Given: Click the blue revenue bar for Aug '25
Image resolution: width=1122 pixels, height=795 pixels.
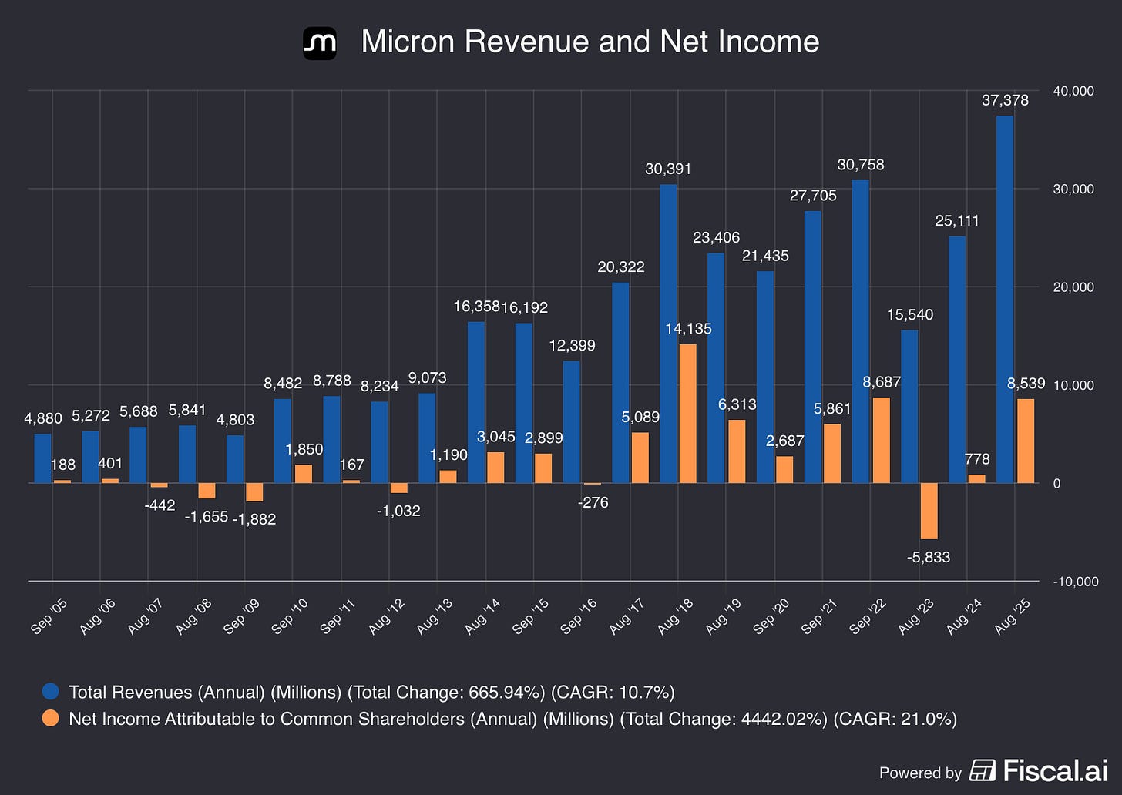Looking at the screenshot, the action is pos(1005,300).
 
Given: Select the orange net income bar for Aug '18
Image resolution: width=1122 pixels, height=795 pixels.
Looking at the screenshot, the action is pos(687,414).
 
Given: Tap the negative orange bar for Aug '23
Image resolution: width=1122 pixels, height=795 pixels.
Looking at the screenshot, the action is pos(929,512).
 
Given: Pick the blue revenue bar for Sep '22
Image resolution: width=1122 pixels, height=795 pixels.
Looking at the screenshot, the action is pos(861,331).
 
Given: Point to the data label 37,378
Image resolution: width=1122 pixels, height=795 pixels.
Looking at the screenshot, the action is pos(1005,100).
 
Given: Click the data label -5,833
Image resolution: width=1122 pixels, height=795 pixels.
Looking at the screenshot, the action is pos(928,557).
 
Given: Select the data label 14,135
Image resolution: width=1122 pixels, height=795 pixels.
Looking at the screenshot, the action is pos(688,328).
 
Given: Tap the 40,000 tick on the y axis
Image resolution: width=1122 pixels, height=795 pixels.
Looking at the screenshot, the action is pos(1073,91).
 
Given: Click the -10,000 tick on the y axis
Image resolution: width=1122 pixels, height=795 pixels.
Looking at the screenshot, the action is pos(1076,582).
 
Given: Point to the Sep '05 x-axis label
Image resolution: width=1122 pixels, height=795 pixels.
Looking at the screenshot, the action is pos(48,616).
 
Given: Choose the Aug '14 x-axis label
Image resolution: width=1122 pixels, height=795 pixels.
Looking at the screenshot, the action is pos(482,616).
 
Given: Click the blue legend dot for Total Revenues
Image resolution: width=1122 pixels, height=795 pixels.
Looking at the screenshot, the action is pos(51,691).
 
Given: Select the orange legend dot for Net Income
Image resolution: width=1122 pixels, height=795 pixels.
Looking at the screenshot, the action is pos(51,718).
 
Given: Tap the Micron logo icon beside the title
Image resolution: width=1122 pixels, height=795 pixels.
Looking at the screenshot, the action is pos(320,43).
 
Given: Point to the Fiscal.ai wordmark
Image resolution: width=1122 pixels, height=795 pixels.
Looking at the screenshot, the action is pos(1055,770).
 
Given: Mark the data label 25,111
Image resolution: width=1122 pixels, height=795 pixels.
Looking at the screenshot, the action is pos(957,220).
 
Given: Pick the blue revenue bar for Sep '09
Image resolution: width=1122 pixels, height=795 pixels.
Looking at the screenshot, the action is pos(234,459).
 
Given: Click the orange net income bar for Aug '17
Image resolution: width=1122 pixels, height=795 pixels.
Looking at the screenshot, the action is pos(640,458).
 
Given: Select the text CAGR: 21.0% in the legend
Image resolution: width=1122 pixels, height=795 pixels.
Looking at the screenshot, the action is pos(895,719).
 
